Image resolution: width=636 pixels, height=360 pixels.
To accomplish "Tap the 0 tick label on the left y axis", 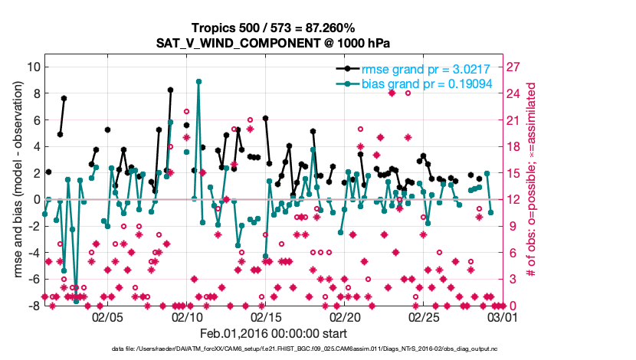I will [x=35, y=199].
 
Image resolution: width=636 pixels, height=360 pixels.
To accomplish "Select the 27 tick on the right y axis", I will [x=516, y=67].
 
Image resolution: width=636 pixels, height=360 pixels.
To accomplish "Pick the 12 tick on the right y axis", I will [x=516, y=199].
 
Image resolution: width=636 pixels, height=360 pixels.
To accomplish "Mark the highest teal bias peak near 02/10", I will [x=198, y=81].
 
